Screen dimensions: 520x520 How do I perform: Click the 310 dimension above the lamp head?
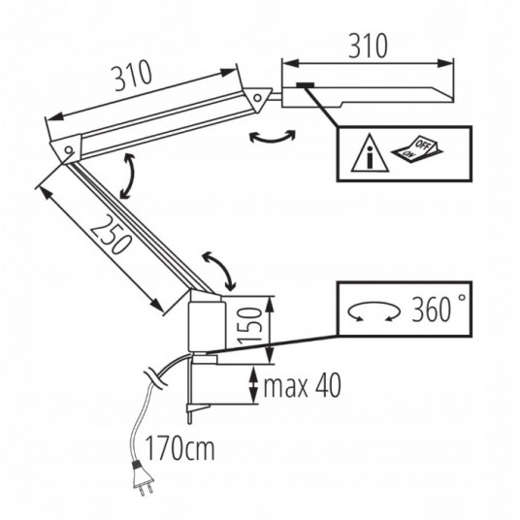click(x=368, y=46)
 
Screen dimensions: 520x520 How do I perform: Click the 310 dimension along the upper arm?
click(x=133, y=78)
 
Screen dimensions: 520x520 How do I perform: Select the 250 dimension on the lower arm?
click(x=110, y=234)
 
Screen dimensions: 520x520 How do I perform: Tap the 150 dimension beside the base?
click(x=249, y=326)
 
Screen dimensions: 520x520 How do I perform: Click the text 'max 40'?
click(x=302, y=385)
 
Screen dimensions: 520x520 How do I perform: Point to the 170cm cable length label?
click(x=180, y=447)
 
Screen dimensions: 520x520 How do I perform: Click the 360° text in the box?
click(x=439, y=309)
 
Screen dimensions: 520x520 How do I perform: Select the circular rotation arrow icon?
click(x=374, y=311)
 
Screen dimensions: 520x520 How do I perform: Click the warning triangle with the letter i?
click(x=370, y=153)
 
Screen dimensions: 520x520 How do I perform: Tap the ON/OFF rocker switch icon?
click(x=417, y=147)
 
